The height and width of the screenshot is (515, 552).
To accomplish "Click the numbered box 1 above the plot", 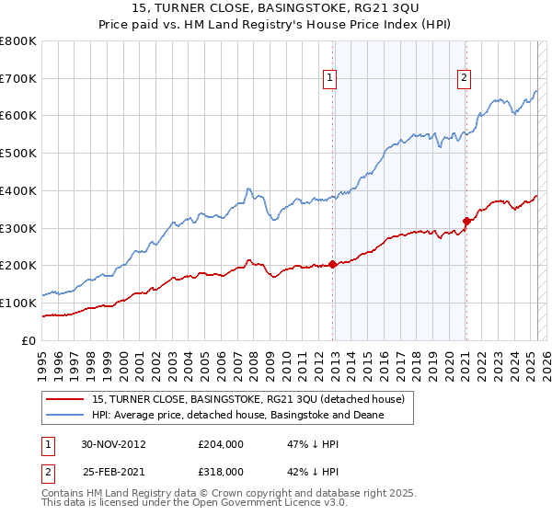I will tap(328, 79).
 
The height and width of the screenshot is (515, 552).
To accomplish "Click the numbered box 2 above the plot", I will tap(464, 79).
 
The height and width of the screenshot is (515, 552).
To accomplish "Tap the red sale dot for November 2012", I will tap(332, 264).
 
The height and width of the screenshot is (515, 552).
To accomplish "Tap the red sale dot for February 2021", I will tap(466, 221).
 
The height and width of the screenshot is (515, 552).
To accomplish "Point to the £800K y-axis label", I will tap(18, 41).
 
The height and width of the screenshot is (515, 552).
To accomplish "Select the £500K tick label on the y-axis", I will tap(18, 154).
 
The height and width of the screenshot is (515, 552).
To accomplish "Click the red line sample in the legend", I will tap(63, 399).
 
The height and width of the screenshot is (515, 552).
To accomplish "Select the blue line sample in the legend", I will tap(63, 416).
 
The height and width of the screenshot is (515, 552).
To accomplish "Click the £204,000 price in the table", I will tap(221, 443).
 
